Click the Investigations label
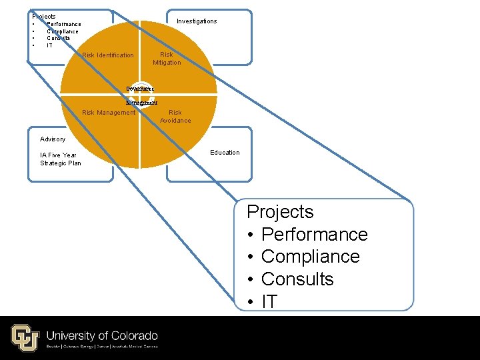coord(197,21)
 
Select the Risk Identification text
coord(107,55)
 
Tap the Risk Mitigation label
coord(167,59)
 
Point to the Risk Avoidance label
coord(175,117)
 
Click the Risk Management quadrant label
coord(108,113)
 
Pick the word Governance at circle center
coord(141,89)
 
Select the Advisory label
coord(53,139)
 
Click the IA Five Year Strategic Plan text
coord(61,159)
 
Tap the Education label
coord(225,153)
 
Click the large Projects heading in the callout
coord(280,212)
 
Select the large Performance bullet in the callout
coord(314,235)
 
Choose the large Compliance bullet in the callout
coord(310,257)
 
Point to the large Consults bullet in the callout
coord(297,279)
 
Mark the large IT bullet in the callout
coord(269,301)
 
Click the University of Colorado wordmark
coord(102,335)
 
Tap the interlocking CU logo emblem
coord(25,337)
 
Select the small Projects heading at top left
coord(44,16)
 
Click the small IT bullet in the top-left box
coord(49,45)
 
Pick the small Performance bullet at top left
coord(63,24)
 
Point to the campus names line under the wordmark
coord(101,347)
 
